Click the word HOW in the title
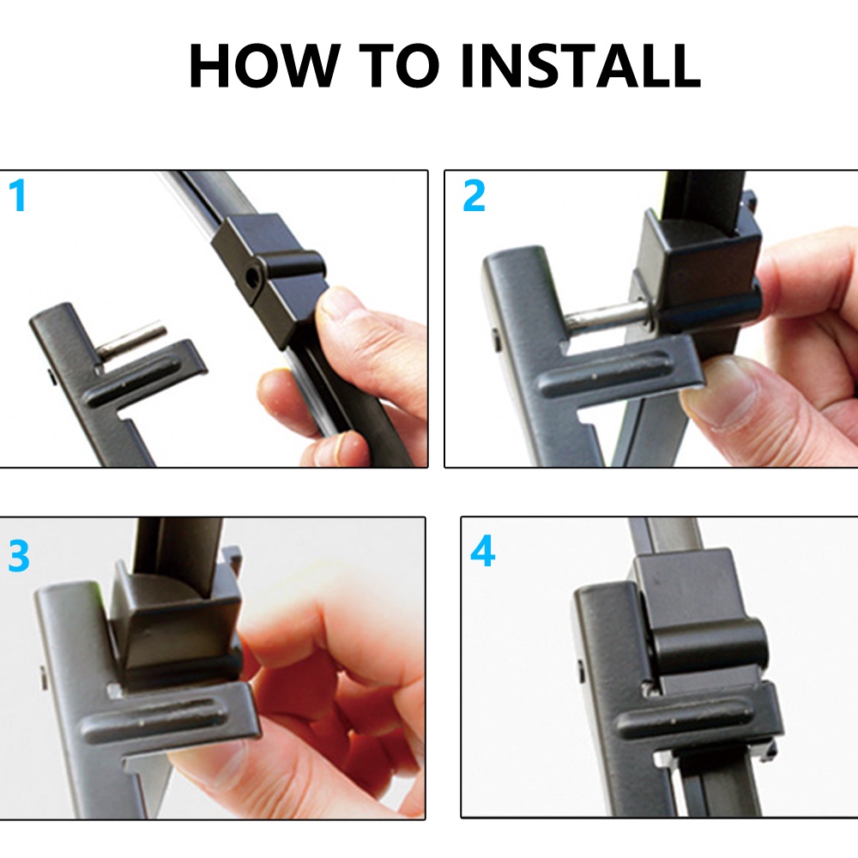click(262, 65)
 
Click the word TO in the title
click(400, 65)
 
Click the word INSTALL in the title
click(581, 65)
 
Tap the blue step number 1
click(18, 196)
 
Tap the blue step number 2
click(474, 196)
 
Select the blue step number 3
click(19, 556)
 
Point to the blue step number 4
click(482, 552)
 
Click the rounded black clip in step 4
click(709, 646)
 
